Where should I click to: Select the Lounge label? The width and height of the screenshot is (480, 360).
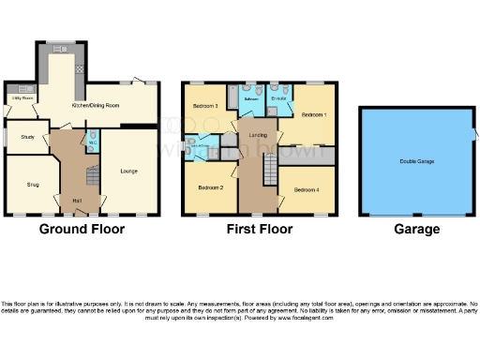[x=128, y=171]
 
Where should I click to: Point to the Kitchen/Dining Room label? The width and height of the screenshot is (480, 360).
[x=97, y=106]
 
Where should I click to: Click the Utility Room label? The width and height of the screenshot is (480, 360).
[x=22, y=97]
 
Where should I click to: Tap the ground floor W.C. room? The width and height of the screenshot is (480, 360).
[x=93, y=143]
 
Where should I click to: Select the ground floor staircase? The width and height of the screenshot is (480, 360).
[x=92, y=177]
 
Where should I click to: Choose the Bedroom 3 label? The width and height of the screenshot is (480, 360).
[x=205, y=107]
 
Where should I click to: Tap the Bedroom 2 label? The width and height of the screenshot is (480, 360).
[x=210, y=187]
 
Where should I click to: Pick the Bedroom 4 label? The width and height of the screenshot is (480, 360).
[x=306, y=190]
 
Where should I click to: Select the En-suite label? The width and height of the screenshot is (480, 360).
[x=277, y=97]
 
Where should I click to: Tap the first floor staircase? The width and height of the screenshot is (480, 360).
[x=269, y=170]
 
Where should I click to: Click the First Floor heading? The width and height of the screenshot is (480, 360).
[x=260, y=229]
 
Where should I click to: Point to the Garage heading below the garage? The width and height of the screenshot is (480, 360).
[x=417, y=229]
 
